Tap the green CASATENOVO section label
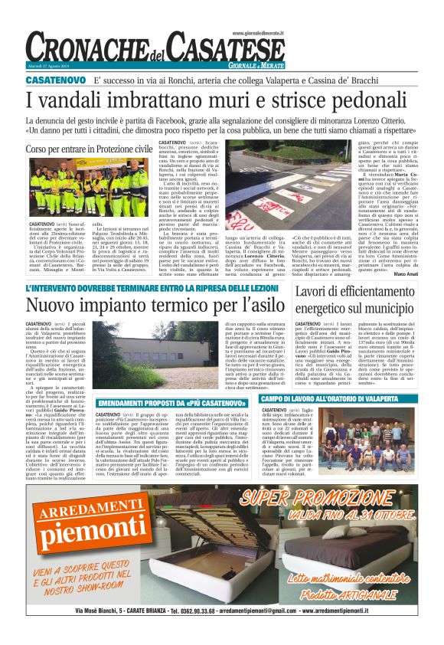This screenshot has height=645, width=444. point(57,79)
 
